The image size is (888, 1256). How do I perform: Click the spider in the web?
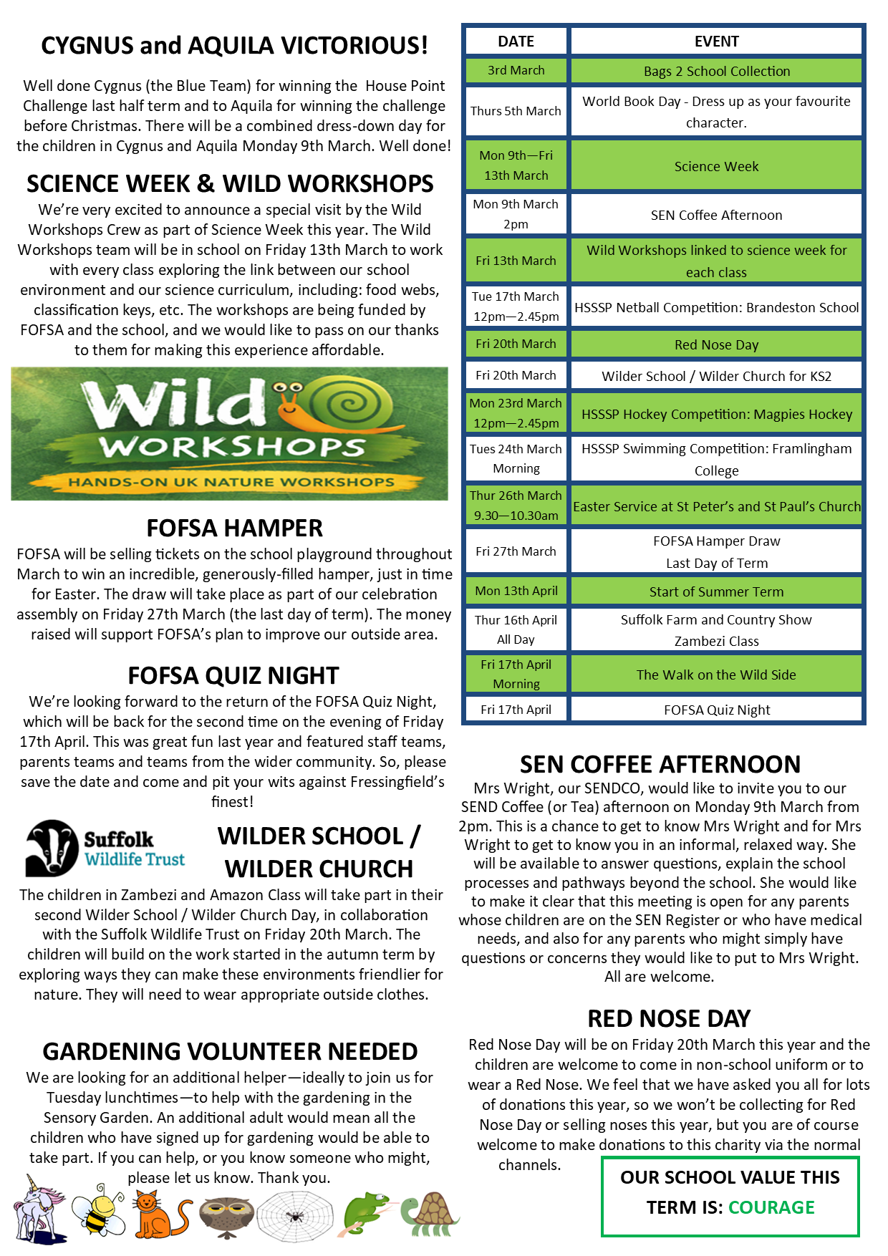[x=294, y=1215]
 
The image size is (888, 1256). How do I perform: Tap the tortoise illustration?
[x=430, y=1214]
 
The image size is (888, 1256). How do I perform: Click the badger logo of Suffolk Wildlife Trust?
[x=52, y=848]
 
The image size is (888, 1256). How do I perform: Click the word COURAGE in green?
[x=771, y=1207]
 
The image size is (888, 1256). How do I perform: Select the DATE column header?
[x=516, y=42]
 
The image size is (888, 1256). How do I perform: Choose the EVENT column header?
[x=716, y=42]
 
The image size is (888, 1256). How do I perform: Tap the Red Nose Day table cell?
[x=716, y=344]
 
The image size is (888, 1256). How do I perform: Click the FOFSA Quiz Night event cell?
[x=716, y=710]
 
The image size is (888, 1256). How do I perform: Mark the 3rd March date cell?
[x=516, y=70]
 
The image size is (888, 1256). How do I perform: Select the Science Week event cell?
[x=716, y=166]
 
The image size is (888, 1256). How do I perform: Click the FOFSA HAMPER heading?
[x=234, y=528]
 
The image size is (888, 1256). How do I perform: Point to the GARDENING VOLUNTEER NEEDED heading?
[x=230, y=1051]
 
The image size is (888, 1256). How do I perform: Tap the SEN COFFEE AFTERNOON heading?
[x=660, y=764]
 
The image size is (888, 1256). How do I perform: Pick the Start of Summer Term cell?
[x=716, y=591]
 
